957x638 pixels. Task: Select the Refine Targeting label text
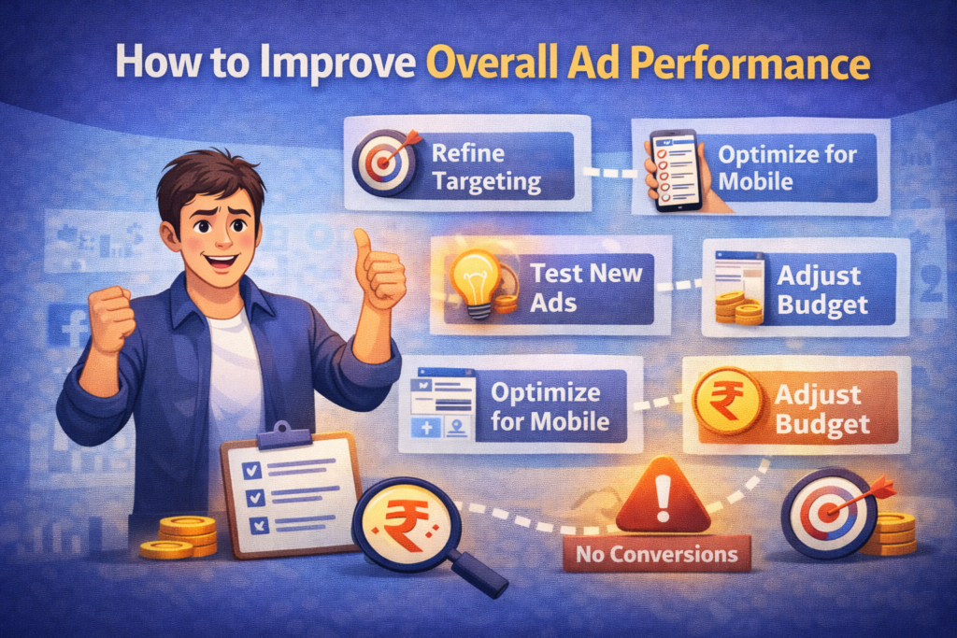click(x=484, y=166)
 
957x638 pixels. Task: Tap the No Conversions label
click(x=656, y=554)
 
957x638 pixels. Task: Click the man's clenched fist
click(x=110, y=318)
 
